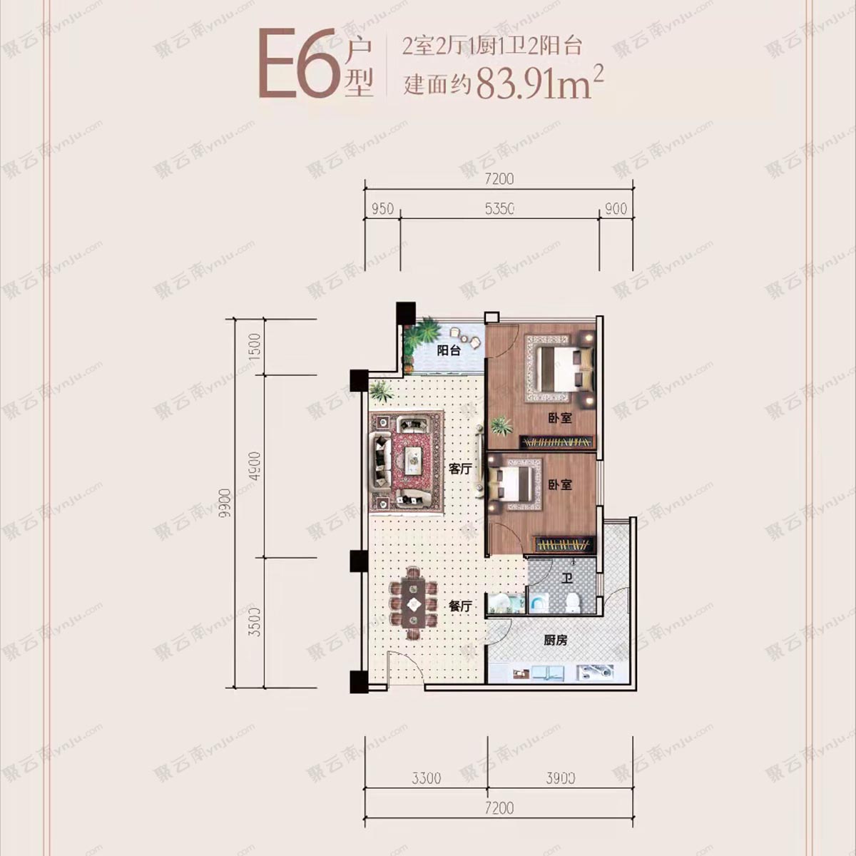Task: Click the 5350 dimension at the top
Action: coord(499,208)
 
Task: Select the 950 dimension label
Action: coord(382,208)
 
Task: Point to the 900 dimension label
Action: coord(616,208)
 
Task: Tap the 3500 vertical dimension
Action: coord(258,622)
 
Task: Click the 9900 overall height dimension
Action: coord(225,504)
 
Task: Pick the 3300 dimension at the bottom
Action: coord(426,778)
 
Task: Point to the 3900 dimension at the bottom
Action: coord(560,778)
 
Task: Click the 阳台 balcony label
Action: coord(449,350)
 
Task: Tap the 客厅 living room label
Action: coord(460,469)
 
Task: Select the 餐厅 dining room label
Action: coord(460,606)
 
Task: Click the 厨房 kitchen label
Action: coord(556,641)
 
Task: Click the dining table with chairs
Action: coord(413,603)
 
